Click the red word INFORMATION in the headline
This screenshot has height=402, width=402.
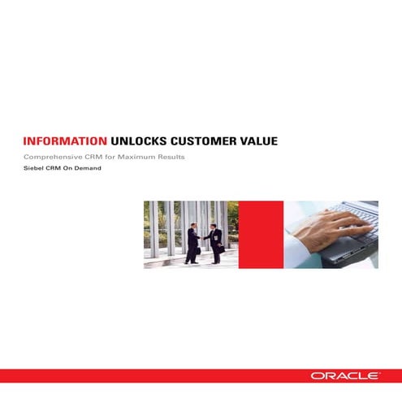click(x=65, y=140)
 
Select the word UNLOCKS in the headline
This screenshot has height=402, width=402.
click(x=140, y=140)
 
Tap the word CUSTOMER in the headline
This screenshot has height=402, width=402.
click(x=207, y=140)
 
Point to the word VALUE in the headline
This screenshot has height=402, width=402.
click(x=260, y=140)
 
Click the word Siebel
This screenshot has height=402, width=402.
click(x=36, y=169)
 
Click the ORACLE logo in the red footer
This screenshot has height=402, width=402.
click(x=344, y=376)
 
